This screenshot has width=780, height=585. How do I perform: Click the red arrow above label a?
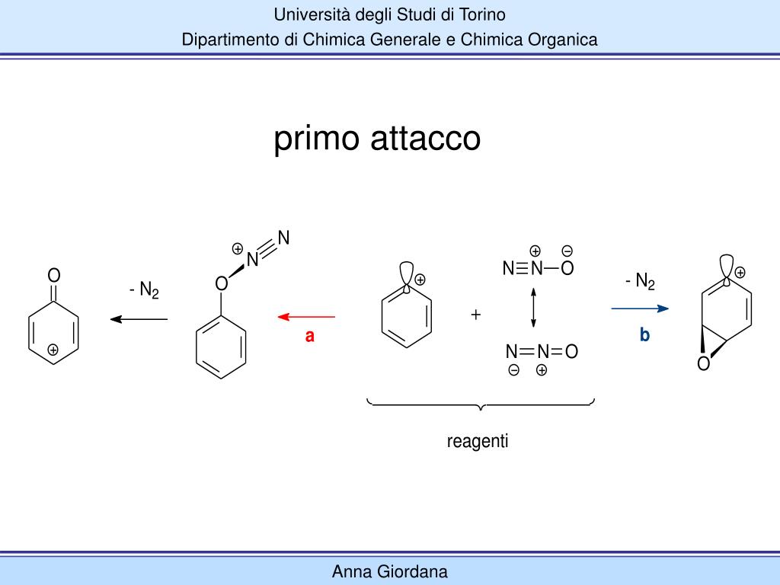point(305,315)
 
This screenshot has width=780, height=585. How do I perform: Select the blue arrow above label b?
point(640,308)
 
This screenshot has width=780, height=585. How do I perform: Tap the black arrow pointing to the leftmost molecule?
point(139,318)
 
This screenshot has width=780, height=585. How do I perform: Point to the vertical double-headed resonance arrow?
point(533,308)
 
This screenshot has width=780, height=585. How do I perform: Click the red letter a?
point(310,335)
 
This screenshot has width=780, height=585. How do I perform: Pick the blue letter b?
point(644,334)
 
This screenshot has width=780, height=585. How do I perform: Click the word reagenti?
point(478,441)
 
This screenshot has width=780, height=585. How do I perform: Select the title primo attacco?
point(377,139)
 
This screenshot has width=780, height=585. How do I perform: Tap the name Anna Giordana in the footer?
point(390,571)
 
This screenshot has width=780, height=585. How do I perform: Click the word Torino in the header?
point(481,14)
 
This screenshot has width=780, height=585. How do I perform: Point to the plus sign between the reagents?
point(476,314)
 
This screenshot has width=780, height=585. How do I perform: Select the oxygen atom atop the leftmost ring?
point(54,274)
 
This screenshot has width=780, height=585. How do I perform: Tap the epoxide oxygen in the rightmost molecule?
point(703,365)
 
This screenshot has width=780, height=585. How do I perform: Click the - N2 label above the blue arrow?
point(640,282)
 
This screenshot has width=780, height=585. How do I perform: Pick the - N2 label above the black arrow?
point(144,290)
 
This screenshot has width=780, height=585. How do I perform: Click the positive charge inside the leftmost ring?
point(53,350)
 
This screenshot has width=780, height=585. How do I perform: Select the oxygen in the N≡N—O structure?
point(567,268)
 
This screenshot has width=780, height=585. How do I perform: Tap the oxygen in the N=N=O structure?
point(571,351)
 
